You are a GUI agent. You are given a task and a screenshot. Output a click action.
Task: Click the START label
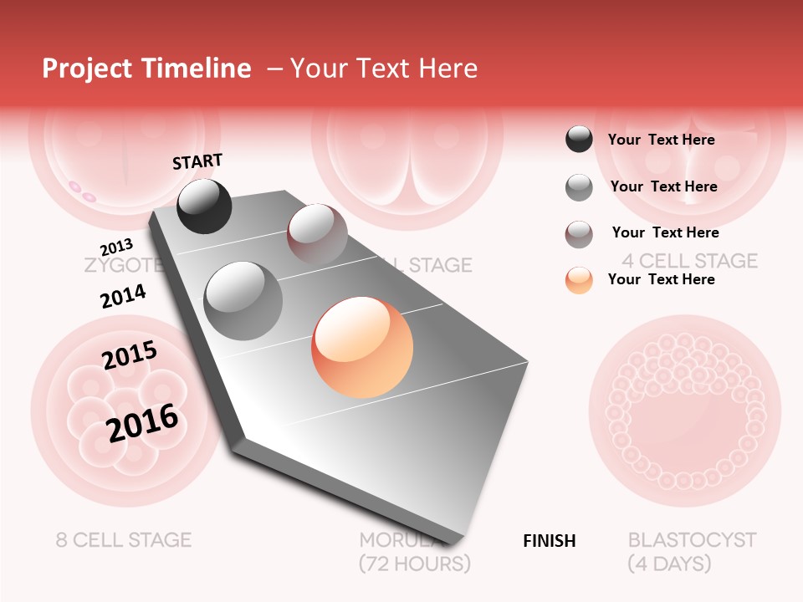click(197, 161)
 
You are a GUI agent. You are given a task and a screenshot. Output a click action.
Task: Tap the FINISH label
click(549, 541)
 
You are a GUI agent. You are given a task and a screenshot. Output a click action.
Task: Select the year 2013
click(116, 247)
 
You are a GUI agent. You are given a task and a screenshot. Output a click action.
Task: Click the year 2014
click(123, 296)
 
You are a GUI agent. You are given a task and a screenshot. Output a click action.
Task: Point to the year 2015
click(130, 355)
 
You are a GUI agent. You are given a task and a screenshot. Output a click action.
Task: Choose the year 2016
click(142, 422)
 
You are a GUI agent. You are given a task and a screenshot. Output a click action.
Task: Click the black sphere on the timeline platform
click(204, 206)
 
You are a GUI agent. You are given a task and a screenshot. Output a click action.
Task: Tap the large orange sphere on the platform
click(362, 348)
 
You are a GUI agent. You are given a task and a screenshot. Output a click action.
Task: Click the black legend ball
click(579, 140)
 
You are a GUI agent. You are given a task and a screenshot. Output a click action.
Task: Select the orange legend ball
click(579, 280)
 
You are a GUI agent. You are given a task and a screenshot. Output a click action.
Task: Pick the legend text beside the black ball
click(661, 140)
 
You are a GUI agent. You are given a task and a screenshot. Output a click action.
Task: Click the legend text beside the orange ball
click(661, 279)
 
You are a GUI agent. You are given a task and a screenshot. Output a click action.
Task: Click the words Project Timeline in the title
click(146, 69)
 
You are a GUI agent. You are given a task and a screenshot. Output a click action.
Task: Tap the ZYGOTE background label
click(122, 266)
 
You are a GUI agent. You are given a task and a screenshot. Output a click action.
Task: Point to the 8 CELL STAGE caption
click(124, 540)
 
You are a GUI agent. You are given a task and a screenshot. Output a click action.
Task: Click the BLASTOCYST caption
click(692, 540)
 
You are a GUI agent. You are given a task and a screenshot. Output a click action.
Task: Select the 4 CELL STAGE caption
click(689, 261)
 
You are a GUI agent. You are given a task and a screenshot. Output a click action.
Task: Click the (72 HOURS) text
click(414, 564)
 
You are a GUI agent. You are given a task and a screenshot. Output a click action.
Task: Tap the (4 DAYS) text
click(669, 564)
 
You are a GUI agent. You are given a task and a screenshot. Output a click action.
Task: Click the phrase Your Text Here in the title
click(384, 69)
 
